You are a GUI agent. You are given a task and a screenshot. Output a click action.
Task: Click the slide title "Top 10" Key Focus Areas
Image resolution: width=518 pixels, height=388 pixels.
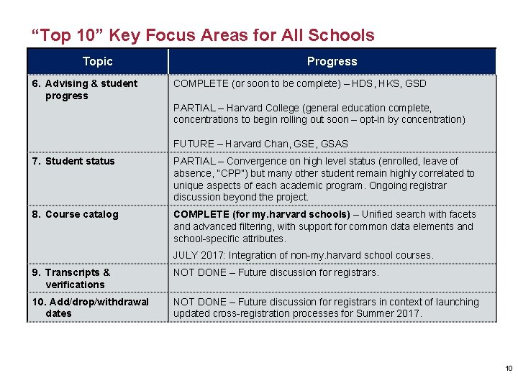(x=202, y=35)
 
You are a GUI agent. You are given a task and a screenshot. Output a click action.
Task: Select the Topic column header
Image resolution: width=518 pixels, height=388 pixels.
(x=97, y=62)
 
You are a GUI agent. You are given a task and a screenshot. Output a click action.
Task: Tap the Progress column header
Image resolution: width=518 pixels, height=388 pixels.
(x=332, y=62)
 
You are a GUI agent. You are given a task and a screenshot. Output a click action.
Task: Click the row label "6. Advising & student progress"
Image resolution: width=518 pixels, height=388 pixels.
(x=84, y=89)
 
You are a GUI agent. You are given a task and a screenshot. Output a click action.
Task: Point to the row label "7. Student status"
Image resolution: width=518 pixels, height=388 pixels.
(x=73, y=161)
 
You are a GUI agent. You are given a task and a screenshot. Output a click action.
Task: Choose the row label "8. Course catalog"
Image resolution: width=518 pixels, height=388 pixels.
(x=74, y=214)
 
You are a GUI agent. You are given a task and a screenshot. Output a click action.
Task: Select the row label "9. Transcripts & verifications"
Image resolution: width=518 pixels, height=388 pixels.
(x=71, y=278)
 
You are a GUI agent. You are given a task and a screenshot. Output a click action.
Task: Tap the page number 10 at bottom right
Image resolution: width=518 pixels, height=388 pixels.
(x=508, y=369)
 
